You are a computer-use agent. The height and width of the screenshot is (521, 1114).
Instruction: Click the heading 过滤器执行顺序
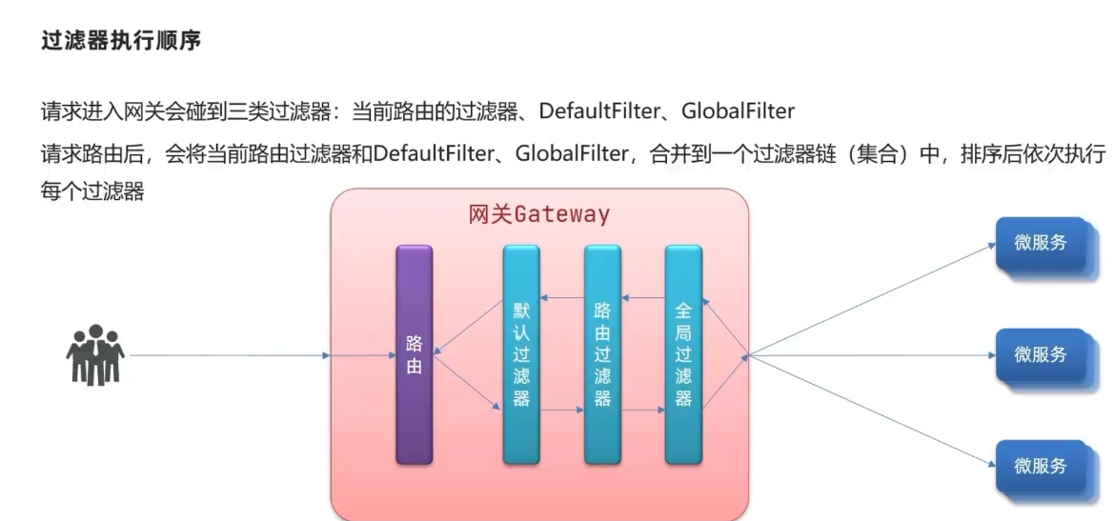click(x=121, y=42)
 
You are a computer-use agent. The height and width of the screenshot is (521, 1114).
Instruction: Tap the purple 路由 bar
click(x=414, y=354)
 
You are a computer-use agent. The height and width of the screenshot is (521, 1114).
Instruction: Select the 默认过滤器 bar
click(x=521, y=354)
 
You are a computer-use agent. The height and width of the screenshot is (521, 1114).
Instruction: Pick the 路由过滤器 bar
click(x=602, y=354)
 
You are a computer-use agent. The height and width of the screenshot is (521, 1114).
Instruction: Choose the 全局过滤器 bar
click(x=683, y=354)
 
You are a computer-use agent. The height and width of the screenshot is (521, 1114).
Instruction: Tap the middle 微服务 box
click(x=1040, y=354)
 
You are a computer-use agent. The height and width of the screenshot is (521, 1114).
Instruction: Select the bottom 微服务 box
click(x=1040, y=467)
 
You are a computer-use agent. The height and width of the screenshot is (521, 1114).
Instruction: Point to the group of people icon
click(x=94, y=354)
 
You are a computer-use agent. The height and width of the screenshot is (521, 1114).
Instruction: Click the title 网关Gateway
click(x=538, y=214)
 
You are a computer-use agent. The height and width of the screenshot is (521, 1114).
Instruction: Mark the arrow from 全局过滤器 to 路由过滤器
click(x=643, y=299)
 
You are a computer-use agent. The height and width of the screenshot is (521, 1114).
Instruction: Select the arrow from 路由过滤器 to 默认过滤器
click(x=562, y=299)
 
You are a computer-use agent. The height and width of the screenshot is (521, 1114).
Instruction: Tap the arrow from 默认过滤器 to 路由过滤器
click(x=562, y=411)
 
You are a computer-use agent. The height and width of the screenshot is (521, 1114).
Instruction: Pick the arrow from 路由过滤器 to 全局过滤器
click(x=643, y=411)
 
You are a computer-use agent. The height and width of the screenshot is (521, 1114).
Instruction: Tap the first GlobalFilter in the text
click(x=738, y=111)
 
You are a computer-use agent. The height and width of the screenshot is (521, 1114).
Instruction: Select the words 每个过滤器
click(x=92, y=191)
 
